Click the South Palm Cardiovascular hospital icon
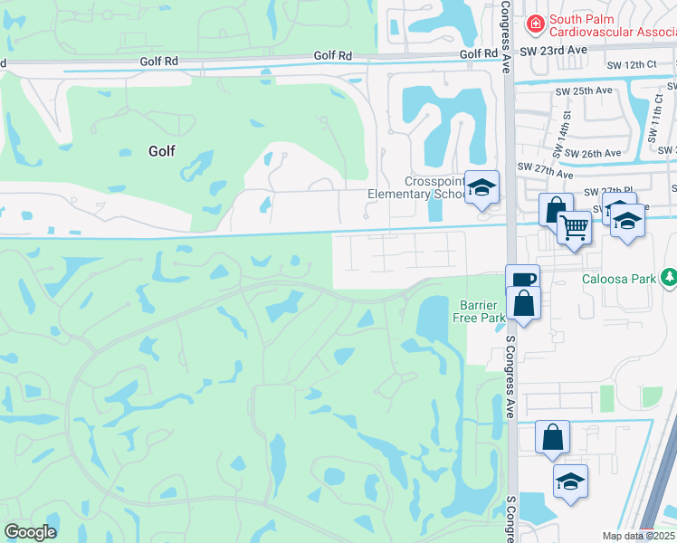pyautogui.click(x=535, y=22)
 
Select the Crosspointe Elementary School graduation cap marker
pyautogui.click(x=482, y=187)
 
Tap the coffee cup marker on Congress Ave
pyautogui.click(x=521, y=280)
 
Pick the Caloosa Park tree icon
pyautogui.click(x=668, y=277)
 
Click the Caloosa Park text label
pyautogui.click(x=617, y=280)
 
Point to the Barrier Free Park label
pyautogui.click(x=482, y=311)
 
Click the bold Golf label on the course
pyautogui.click(x=161, y=152)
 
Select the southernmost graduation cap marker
pyautogui.click(x=570, y=481)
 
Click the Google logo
pyautogui.click(x=30, y=532)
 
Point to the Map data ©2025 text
pyautogui.click(x=639, y=536)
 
